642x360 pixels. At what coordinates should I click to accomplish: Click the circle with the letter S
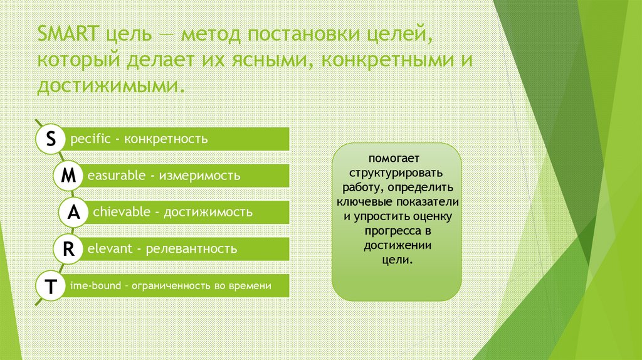click(x=50, y=139)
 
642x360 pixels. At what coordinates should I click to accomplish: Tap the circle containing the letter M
click(x=68, y=176)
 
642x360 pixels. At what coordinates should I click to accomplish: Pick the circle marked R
click(x=68, y=250)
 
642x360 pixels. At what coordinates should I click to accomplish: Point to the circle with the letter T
click(x=50, y=286)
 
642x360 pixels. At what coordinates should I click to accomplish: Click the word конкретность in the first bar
click(x=166, y=139)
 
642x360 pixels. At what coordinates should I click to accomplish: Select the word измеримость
click(x=199, y=176)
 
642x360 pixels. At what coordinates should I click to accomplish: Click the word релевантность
click(x=191, y=249)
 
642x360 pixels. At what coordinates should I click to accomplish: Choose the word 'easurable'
click(x=117, y=176)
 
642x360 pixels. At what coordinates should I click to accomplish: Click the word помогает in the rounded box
click(x=396, y=158)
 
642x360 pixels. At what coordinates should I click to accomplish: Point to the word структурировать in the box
click(x=396, y=172)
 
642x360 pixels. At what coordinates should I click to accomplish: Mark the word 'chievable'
click(x=122, y=213)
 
